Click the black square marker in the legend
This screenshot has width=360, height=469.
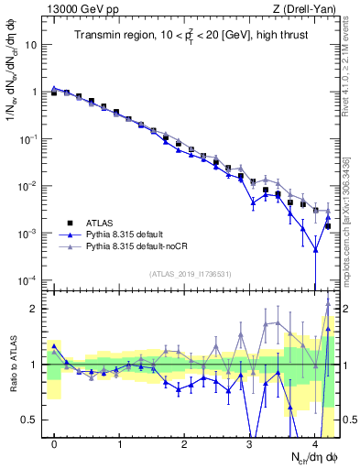70,222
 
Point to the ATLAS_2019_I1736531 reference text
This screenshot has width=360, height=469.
189,274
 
